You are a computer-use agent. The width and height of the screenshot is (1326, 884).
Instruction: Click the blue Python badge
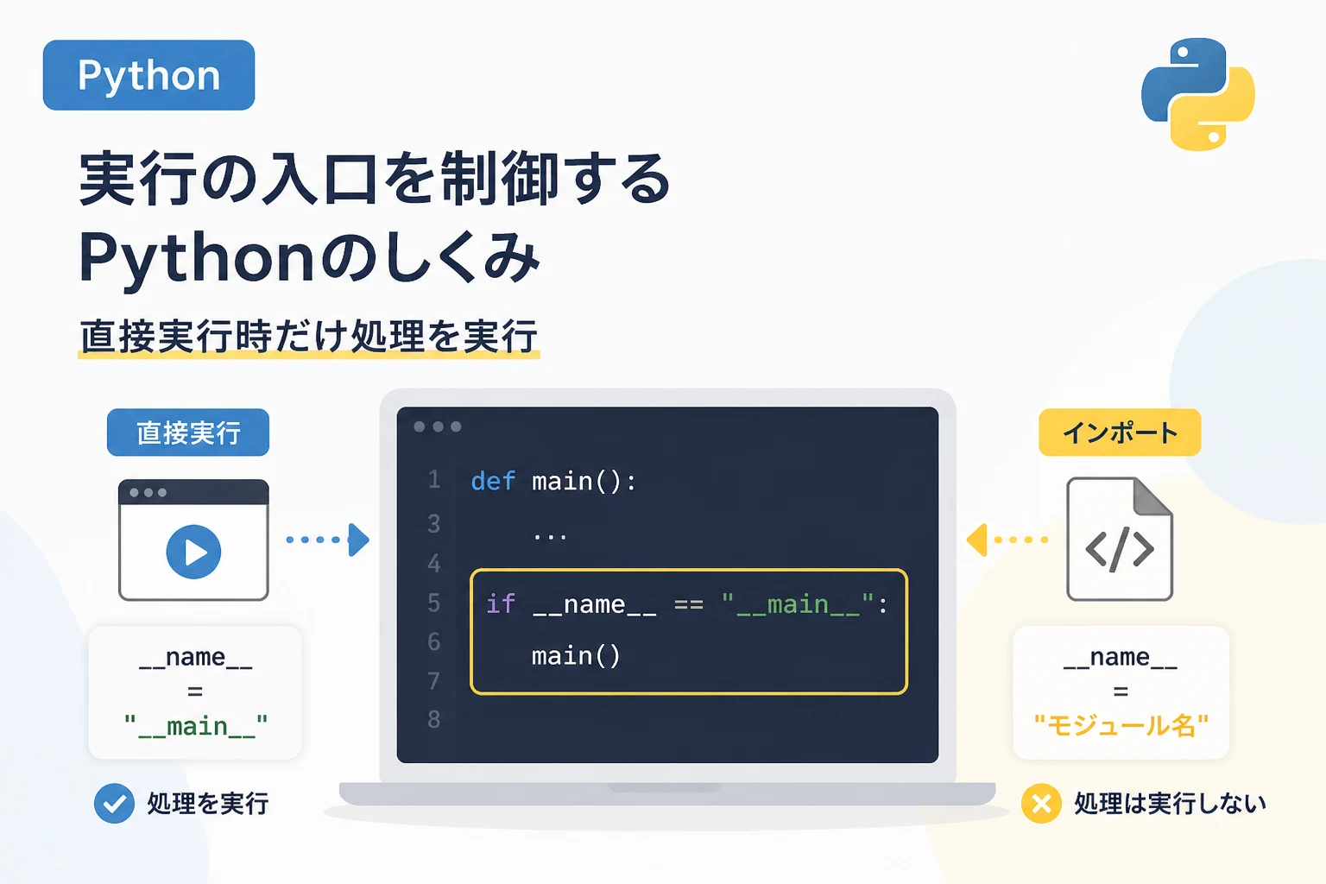pyautogui.click(x=148, y=75)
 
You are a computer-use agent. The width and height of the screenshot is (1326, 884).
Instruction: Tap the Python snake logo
pyautogui.click(x=1197, y=93)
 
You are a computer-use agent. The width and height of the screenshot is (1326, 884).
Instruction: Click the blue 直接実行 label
pyautogui.click(x=188, y=433)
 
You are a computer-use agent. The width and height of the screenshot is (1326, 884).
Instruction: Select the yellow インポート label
pyautogui.click(x=1120, y=433)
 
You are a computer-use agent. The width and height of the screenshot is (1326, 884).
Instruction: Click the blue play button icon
pyautogui.click(x=193, y=552)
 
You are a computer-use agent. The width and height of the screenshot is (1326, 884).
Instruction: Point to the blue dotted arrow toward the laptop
pyautogui.click(x=328, y=540)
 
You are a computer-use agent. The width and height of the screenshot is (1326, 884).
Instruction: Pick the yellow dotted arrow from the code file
pyautogui.click(x=1007, y=540)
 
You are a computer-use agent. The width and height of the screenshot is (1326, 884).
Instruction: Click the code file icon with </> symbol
pyautogui.click(x=1120, y=539)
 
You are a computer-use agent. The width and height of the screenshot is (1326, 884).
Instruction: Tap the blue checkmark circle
pyautogui.click(x=114, y=804)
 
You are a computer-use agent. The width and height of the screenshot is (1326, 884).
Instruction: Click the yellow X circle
pyautogui.click(x=1041, y=804)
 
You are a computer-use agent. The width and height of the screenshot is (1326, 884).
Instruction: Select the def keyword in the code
pyautogui.click(x=493, y=481)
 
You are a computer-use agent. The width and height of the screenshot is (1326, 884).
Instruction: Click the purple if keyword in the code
pyautogui.click(x=501, y=604)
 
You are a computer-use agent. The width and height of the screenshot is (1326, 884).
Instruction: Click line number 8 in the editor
pyautogui.click(x=434, y=719)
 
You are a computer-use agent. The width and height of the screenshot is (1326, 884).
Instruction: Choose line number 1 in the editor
pyautogui.click(x=434, y=480)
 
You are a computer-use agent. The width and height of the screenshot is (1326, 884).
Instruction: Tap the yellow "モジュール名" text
pyautogui.click(x=1121, y=725)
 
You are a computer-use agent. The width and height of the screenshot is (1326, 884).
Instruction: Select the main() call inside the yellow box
pyautogui.click(x=576, y=656)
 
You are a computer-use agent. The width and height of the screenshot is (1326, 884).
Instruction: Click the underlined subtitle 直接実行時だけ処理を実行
pyautogui.click(x=308, y=337)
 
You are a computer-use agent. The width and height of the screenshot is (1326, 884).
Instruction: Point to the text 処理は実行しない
pyautogui.click(x=1170, y=804)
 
